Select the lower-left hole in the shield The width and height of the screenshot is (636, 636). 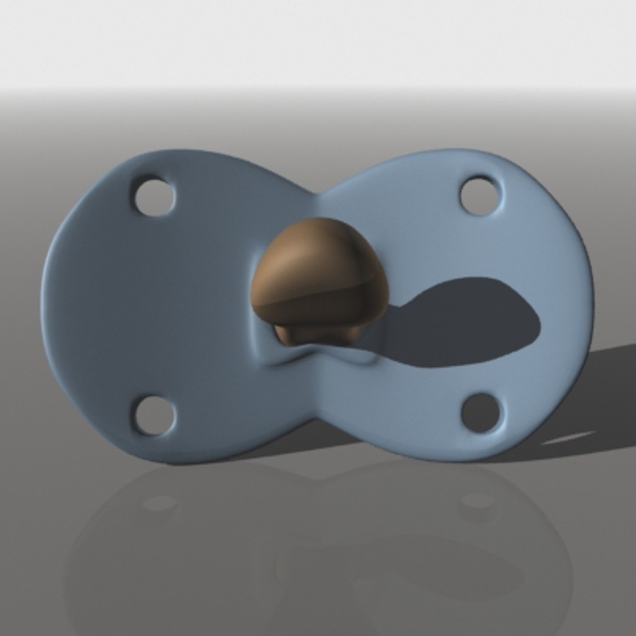pos(154,415)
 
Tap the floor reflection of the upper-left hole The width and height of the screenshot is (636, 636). pos(159,503)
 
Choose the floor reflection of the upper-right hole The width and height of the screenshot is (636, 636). pos(477,501)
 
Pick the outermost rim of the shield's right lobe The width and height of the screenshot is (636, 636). pos(590,294)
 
